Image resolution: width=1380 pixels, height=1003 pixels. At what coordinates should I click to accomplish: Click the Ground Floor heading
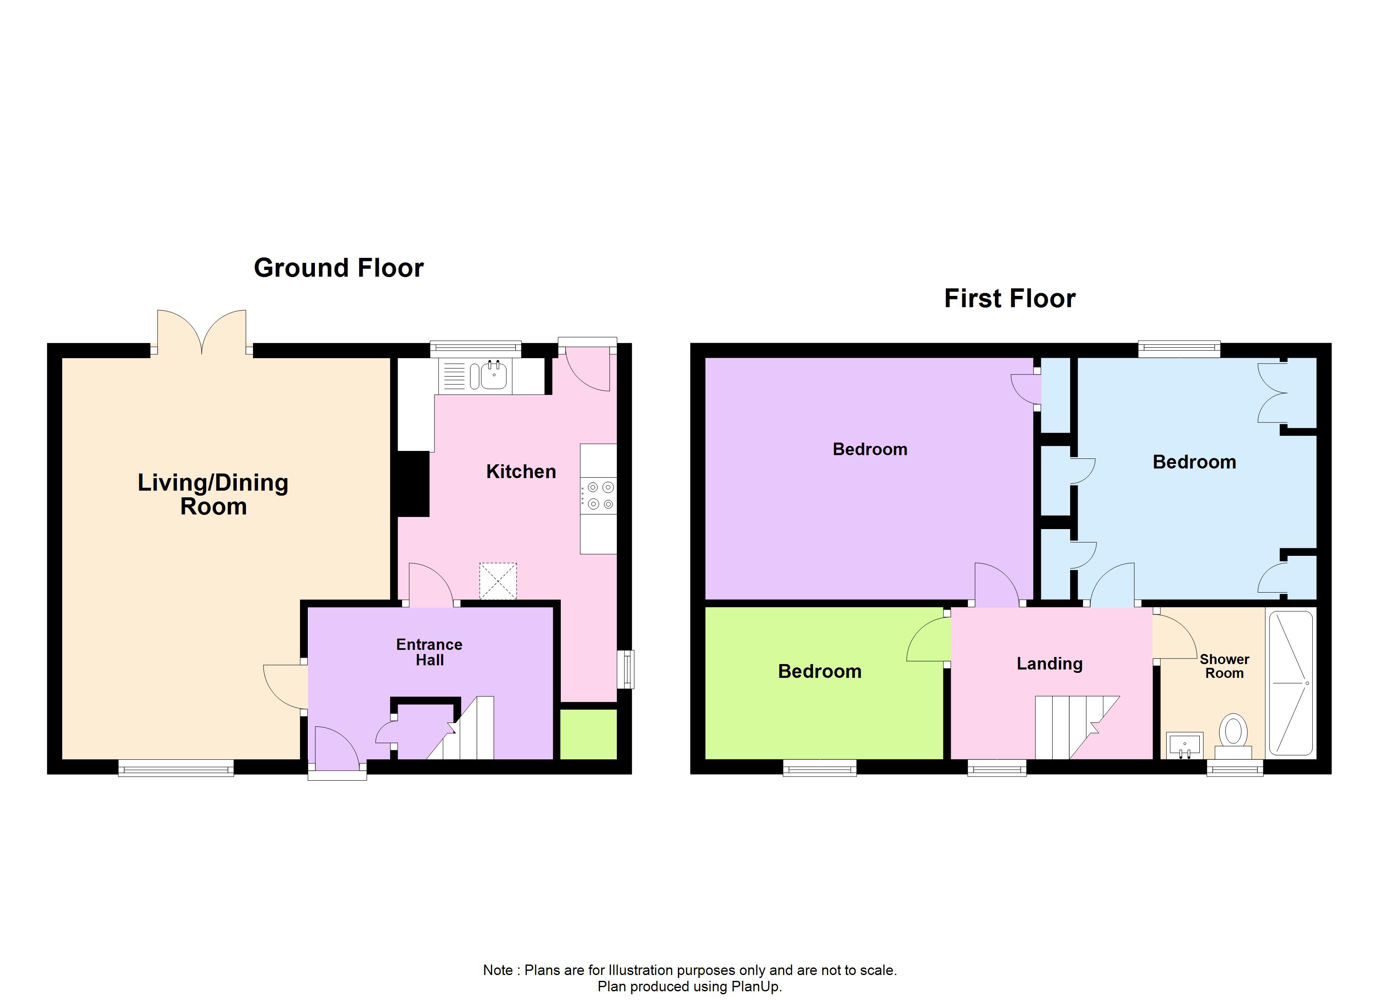[338, 268]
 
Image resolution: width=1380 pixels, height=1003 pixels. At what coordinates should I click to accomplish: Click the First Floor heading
[1009, 299]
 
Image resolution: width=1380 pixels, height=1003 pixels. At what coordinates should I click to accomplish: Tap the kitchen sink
[493, 375]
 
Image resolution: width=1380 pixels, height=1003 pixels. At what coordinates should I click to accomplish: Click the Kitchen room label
[521, 471]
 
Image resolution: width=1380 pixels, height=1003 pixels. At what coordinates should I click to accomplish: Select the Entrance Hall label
[429, 652]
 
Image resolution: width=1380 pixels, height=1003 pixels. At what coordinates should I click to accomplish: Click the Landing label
[1050, 664]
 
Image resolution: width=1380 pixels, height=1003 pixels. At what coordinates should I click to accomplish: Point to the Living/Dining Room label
[213, 494]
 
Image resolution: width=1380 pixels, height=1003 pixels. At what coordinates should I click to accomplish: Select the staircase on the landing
[1074, 728]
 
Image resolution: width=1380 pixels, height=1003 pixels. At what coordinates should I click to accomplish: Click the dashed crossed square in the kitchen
[498, 581]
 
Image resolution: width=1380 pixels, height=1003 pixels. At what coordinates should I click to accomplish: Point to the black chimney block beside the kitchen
[413, 484]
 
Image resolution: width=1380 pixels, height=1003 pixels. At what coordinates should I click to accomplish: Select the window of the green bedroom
[820, 769]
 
